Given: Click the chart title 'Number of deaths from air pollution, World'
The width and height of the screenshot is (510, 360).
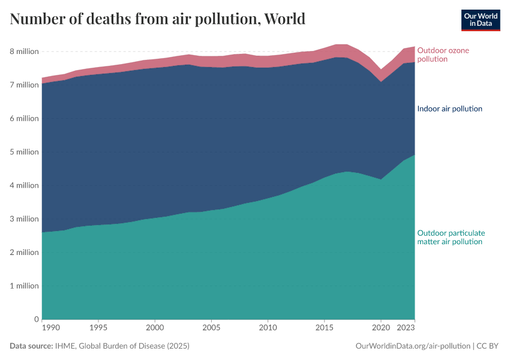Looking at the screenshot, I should (158, 19).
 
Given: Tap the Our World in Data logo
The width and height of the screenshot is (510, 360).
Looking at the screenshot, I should (480, 20).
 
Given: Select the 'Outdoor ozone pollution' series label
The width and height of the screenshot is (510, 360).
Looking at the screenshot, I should (443, 55).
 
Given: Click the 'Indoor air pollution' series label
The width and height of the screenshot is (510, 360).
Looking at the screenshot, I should (449, 109).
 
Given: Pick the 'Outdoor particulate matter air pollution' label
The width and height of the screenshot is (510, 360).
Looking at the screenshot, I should (451, 237).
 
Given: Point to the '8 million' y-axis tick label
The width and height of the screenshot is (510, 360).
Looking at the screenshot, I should (22, 52).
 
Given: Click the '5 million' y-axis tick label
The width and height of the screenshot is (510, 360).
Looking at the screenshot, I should (22, 152).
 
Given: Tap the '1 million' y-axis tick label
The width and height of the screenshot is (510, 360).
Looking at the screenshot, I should (22, 286).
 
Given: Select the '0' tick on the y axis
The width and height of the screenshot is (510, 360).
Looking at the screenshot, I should (37, 319).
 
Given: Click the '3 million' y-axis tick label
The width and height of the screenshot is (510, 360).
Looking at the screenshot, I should (22, 219).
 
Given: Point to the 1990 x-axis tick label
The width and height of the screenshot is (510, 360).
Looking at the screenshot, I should (50, 328).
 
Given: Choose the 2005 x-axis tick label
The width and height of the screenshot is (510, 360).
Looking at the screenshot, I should (211, 328).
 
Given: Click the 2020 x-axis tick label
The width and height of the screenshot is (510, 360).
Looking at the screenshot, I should (380, 328).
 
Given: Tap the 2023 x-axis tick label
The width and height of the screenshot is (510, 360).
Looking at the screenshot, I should (406, 328).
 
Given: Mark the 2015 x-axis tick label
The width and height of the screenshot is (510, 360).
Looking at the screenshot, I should (324, 328).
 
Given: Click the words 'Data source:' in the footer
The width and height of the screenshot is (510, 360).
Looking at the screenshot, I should (31, 346).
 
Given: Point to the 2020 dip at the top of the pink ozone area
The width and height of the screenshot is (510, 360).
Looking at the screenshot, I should (380, 70).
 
